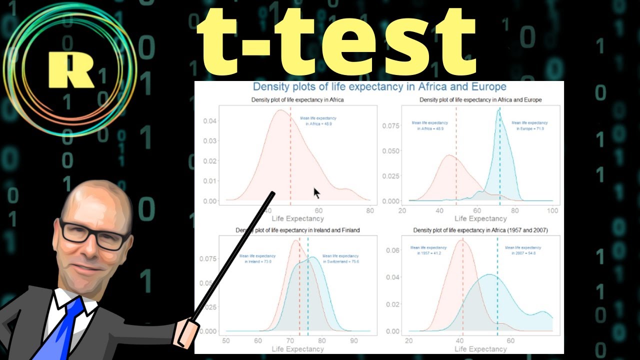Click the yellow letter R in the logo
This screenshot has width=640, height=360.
click(70, 69)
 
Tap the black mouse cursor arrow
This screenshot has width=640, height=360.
click(316, 193)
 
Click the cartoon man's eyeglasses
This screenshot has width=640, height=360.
click(94, 234)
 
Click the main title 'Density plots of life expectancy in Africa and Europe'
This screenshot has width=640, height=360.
click(379, 87)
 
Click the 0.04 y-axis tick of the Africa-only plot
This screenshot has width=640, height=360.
click(210, 121)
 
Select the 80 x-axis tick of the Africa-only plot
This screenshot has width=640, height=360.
click(369, 210)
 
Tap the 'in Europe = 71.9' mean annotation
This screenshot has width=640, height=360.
click(529, 128)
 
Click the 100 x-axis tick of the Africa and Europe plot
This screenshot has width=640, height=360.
click(552, 210)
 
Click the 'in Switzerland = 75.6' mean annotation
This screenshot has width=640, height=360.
click(341, 261)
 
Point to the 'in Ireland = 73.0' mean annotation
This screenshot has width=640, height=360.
click(257, 261)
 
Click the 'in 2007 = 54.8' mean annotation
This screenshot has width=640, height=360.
click(523, 253)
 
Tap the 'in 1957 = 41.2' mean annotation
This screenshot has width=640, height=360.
click(428, 253)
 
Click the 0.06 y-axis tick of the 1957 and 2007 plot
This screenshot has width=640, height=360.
click(393, 250)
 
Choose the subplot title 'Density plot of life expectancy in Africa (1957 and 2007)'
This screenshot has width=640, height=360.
click(480, 230)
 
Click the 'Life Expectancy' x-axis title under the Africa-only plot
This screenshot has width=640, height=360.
click(297, 218)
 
